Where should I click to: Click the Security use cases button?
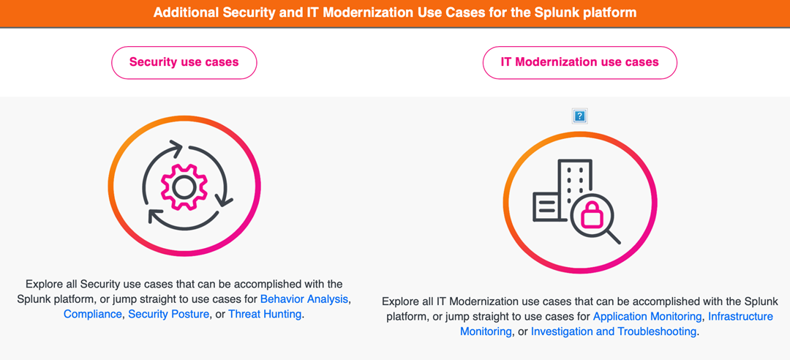[x=184, y=62]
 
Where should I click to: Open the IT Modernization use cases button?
[x=579, y=62]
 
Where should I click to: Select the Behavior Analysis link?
[x=304, y=299]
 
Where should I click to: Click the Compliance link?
[x=93, y=315]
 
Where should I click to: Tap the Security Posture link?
[x=168, y=315]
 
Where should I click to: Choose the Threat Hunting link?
[x=265, y=315]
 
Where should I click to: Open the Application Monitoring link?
[x=647, y=317]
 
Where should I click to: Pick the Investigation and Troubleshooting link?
[x=614, y=331]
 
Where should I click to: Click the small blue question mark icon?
[x=579, y=116]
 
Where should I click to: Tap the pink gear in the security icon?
[x=184, y=187]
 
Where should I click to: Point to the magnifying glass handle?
[x=612, y=236]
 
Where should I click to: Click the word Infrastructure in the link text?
[x=740, y=317]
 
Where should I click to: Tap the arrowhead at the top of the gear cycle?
[x=177, y=147]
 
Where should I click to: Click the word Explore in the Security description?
[x=42, y=283]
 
